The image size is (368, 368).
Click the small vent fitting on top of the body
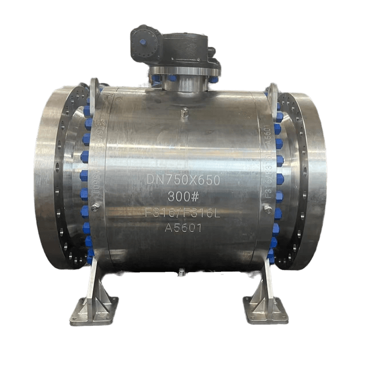(185, 112)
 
